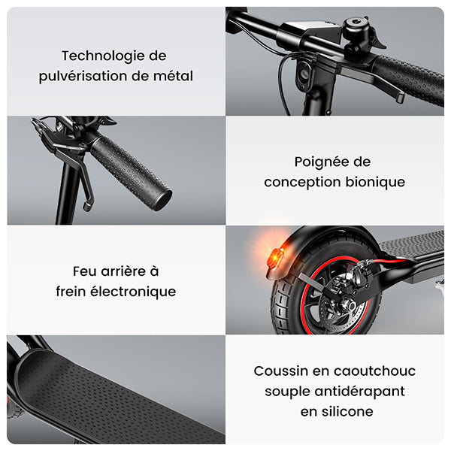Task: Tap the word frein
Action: coord(71,292)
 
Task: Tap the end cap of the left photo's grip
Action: coord(162,199)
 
